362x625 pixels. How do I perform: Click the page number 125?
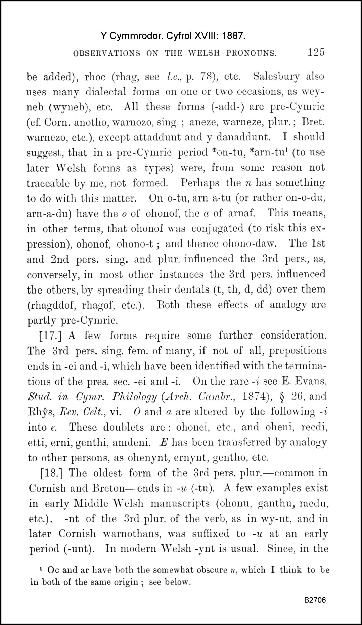315,52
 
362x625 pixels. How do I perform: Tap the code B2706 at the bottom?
315,600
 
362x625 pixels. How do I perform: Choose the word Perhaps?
200,183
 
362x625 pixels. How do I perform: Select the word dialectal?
106,92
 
